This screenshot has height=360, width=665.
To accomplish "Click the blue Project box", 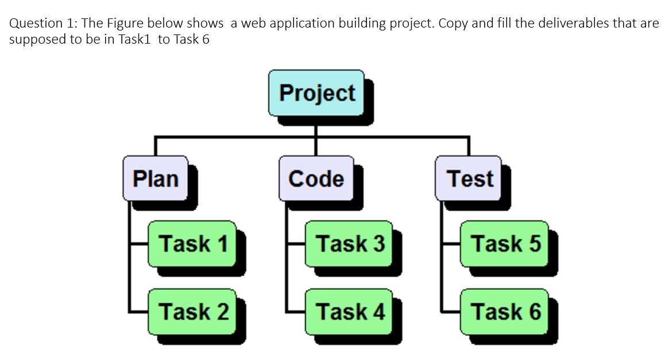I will pyautogui.click(x=316, y=92).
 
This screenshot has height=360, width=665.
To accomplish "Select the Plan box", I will pyautogui.click(x=156, y=179).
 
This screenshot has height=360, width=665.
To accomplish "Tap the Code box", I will pyautogui.click(x=316, y=179).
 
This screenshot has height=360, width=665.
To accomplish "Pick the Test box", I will pyautogui.click(x=469, y=179).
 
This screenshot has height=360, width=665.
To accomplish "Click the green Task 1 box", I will pyautogui.click(x=192, y=243).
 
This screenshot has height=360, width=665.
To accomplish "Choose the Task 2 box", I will pyautogui.click(x=192, y=312).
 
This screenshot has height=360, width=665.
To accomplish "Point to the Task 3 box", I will pyautogui.click(x=349, y=243).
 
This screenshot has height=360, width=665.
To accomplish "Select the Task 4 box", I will pyautogui.click(x=349, y=312).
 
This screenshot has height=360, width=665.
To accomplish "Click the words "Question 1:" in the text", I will pyautogui.click(x=44, y=24).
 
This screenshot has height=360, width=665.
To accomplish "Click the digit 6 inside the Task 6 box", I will pyautogui.click(x=535, y=312).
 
